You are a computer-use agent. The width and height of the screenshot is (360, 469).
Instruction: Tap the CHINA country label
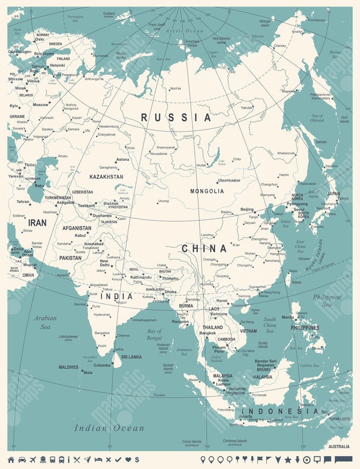pos(204,248)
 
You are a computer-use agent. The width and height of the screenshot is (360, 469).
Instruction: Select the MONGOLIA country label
pos(207,191)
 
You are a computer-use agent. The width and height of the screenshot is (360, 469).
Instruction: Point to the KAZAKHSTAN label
pos(106,177)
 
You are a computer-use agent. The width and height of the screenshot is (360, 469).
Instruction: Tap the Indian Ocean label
pos(109,427)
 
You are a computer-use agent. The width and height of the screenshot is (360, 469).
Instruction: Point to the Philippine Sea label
pos(327,300)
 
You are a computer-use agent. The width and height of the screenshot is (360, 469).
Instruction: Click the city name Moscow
pos(41,104)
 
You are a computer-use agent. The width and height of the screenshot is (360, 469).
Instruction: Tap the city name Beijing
pos(247,210)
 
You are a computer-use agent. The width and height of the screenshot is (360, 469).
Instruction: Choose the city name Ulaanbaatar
pos(229,180)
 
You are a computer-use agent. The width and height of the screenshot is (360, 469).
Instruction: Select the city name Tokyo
pos(343,198)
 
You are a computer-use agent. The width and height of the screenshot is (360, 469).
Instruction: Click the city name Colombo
pos(102,366)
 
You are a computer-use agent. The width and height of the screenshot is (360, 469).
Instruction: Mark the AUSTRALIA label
pos(339,446)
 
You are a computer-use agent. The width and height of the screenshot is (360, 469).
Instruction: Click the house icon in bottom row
pos(10,460)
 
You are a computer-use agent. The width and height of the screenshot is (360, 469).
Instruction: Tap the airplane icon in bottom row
pos(33,460)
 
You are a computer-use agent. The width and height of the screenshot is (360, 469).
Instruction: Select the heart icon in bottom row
pos(128,460)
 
